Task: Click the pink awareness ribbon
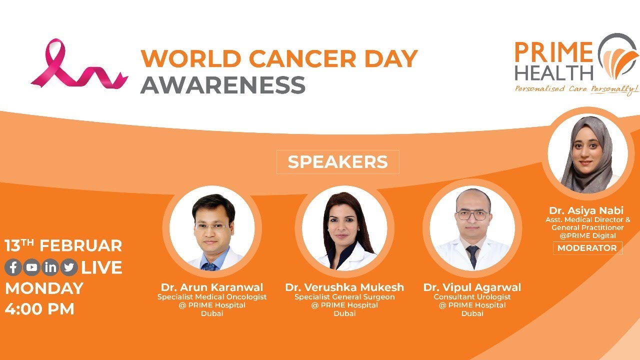point(75,65)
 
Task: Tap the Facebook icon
point(13,267)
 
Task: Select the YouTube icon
point(32,267)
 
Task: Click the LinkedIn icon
point(50,267)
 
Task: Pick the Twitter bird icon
point(69,267)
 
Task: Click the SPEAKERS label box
point(337,162)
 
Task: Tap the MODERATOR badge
point(587,248)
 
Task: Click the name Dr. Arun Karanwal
point(212,287)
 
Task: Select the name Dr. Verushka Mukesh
point(344,287)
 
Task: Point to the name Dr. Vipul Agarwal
point(472,287)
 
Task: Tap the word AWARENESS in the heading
point(222,84)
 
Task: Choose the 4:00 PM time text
point(39,308)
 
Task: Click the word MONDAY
point(44,288)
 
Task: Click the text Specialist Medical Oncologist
point(212,297)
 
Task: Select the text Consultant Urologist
point(472,297)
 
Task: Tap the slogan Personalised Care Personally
point(576,89)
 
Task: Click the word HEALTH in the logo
point(554,72)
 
